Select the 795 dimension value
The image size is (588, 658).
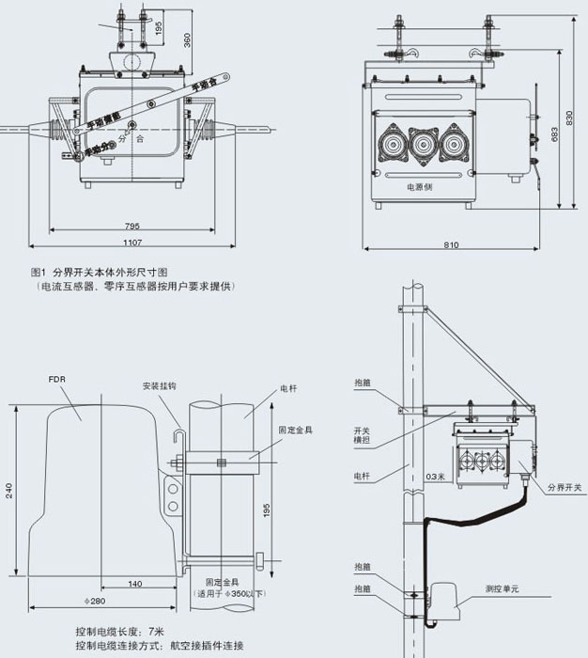(x=133, y=226)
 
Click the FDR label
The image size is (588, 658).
(x=55, y=381)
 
